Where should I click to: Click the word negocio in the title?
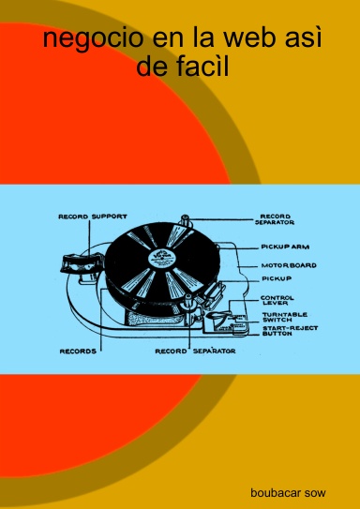click(x=93, y=39)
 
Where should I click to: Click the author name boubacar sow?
click(x=288, y=493)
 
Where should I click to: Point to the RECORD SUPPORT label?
click(x=93, y=217)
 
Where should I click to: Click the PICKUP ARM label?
click(x=285, y=247)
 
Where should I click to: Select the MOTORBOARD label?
click(x=289, y=265)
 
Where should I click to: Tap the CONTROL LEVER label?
click(x=277, y=300)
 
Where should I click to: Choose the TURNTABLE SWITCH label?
click(x=285, y=317)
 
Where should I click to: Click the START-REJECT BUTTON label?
click(x=291, y=331)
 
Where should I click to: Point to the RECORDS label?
click(x=78, y=352)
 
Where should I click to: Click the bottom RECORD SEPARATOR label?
click(x=195, y=351)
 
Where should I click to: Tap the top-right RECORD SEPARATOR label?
click(x=277, y=219)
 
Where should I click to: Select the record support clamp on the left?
click(x=79, y=263)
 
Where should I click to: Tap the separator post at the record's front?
click(x=187, y=303)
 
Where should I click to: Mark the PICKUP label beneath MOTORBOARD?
click(x=277, y=278)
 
